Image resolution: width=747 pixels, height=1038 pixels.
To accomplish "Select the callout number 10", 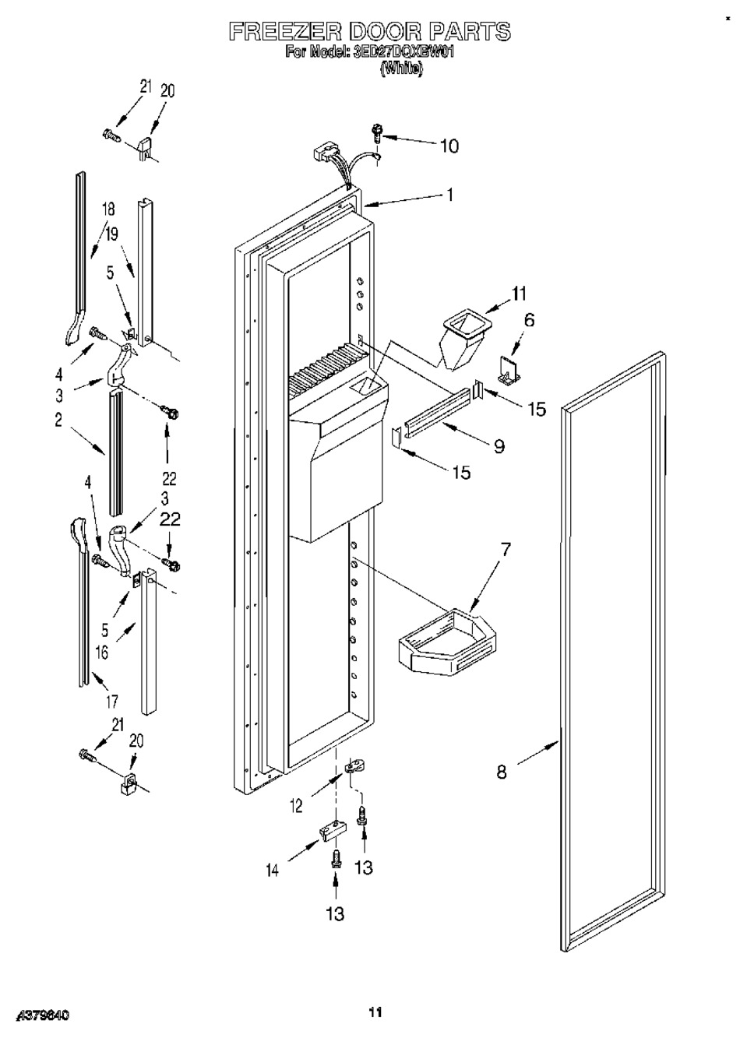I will [x=449, y=146].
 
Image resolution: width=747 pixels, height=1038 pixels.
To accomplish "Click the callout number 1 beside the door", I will [x=449, y=195].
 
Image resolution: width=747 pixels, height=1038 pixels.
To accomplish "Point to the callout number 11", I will [x=519, y=294].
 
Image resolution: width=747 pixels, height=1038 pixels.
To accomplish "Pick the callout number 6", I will [x=529, y=319].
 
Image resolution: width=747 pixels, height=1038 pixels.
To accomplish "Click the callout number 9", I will [x=499, y=445].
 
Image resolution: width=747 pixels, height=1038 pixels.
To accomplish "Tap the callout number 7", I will [x=506, y=550].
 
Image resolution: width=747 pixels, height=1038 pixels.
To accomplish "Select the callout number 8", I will [x=502, y=772].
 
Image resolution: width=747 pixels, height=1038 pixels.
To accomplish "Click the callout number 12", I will [x=297, y=808].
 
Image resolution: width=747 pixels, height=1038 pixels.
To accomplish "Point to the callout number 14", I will [x=273, y=871].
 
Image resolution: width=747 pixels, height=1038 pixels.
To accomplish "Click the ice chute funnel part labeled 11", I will [x=462, y=336].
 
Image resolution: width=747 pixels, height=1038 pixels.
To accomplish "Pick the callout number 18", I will [x=108, y=209].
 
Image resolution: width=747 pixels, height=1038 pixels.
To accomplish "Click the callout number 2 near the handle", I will [x=58, y=421].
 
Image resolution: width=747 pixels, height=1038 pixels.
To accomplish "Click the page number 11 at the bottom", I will [x=375, y=1012].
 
